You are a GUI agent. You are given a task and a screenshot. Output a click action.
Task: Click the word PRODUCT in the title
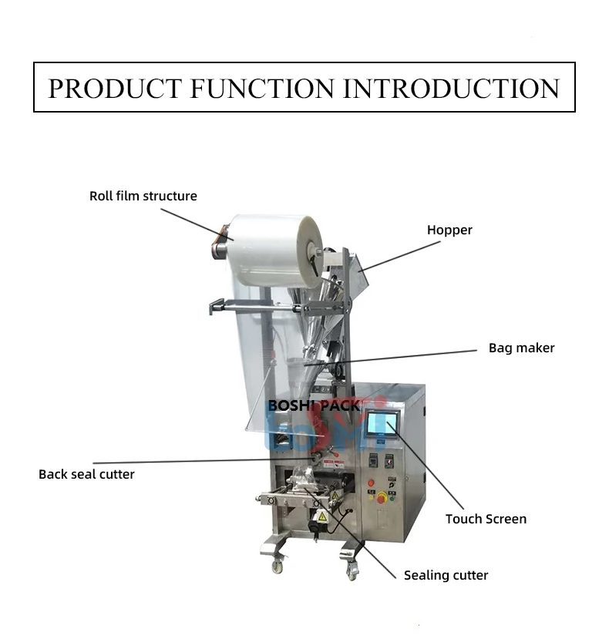click(115, 88)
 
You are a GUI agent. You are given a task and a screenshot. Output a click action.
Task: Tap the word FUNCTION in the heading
click(261, 88)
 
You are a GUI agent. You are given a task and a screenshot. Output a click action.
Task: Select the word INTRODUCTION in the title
click(451, 88)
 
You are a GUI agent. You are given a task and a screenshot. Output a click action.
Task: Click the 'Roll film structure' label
click(143, 196)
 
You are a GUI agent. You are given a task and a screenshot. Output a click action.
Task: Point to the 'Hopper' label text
click(449, 230)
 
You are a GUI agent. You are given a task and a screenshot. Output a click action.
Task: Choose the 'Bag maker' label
click(521, 348)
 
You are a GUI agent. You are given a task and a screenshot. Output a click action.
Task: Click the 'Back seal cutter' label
click(86, 474)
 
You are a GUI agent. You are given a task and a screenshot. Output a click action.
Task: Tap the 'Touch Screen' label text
click(486, 519)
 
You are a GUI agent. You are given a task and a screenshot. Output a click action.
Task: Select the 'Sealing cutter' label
click(446, 575)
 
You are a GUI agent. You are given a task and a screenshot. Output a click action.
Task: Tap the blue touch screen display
click(378, 425)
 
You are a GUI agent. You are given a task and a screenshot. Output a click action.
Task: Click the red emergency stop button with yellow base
click(382, 497)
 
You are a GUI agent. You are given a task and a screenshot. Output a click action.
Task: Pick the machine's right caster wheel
click(352, 572)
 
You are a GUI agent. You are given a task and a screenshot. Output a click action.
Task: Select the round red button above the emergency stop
click(371, 483)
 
